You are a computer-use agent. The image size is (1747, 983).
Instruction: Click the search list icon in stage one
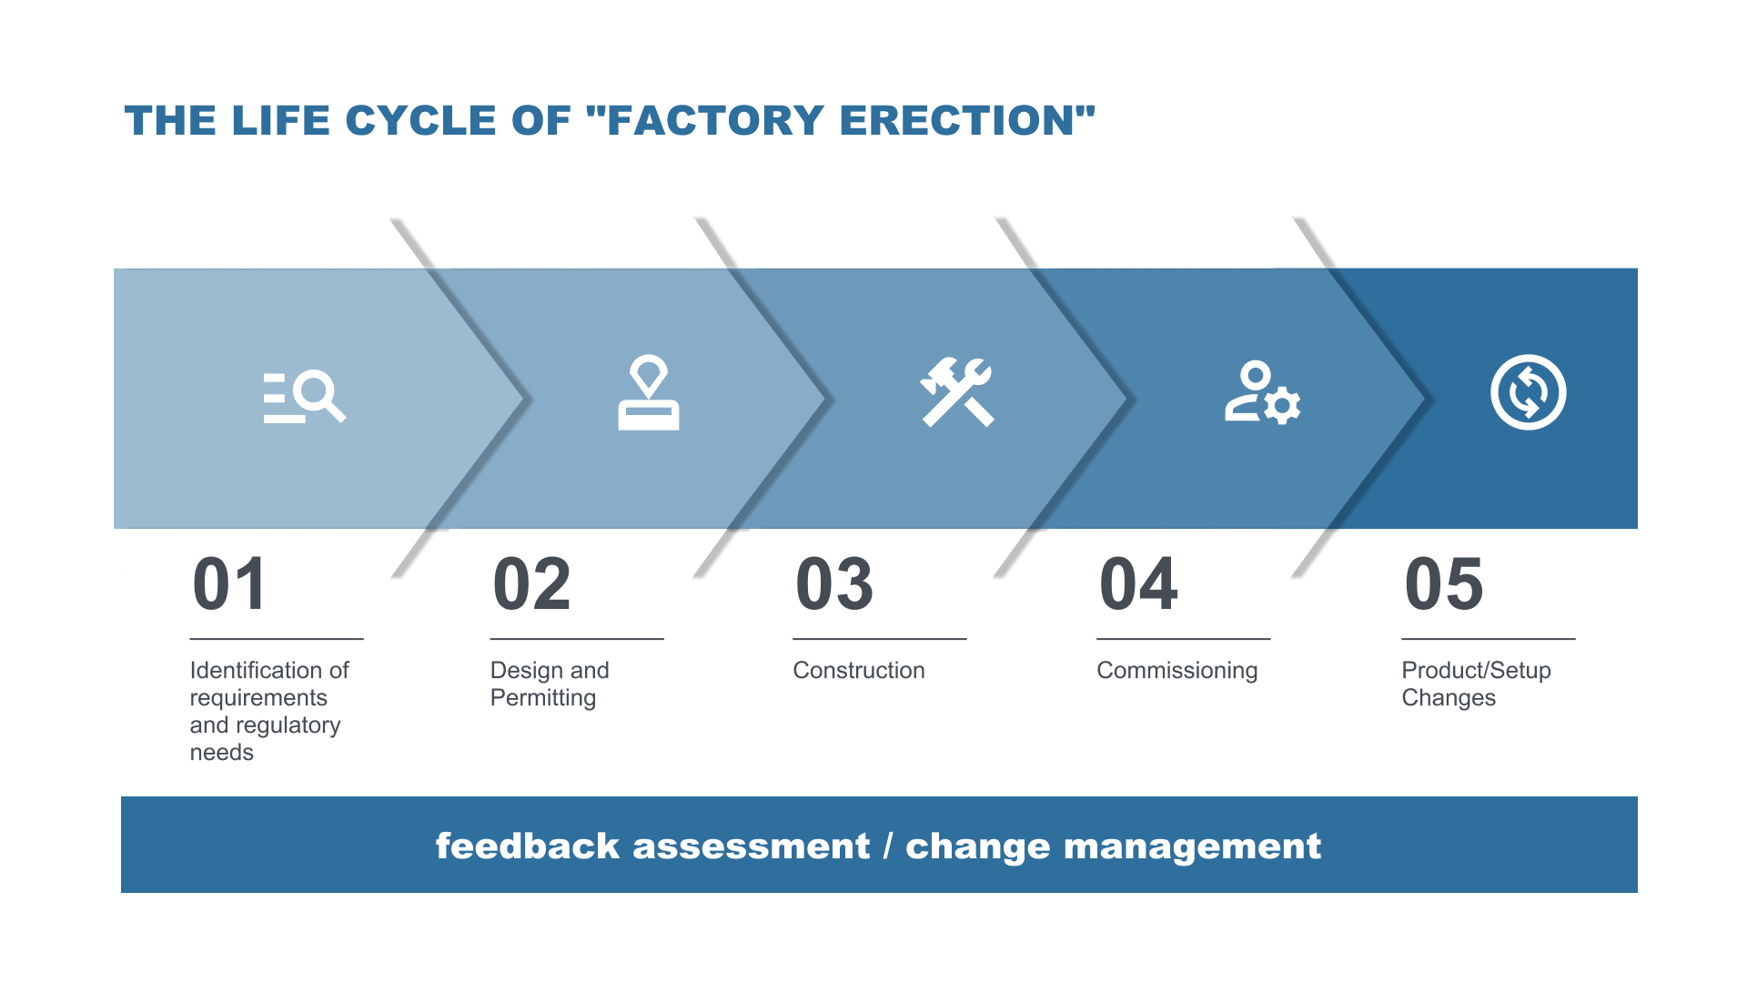305,397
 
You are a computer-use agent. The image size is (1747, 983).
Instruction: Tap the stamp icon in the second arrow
649,392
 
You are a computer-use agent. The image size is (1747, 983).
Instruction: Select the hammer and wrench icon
957,392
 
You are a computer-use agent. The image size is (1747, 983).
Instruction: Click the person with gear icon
1262,392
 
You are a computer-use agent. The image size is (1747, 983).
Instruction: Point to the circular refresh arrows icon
1529,392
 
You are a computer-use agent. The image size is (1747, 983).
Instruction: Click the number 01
230,584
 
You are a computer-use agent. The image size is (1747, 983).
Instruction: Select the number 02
532,584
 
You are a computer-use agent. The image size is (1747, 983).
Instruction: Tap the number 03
834,584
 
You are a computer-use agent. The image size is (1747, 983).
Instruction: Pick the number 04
1138,584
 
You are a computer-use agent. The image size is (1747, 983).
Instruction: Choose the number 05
1444,584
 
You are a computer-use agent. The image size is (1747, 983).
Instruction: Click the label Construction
859,671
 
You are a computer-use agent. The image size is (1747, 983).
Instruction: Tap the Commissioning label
1177,672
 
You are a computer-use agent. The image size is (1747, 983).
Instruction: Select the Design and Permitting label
550,684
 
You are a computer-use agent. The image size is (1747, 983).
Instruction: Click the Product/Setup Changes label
1476,684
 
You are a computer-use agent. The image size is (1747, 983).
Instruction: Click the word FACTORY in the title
715,121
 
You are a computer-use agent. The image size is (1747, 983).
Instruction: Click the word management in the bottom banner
1192,847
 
